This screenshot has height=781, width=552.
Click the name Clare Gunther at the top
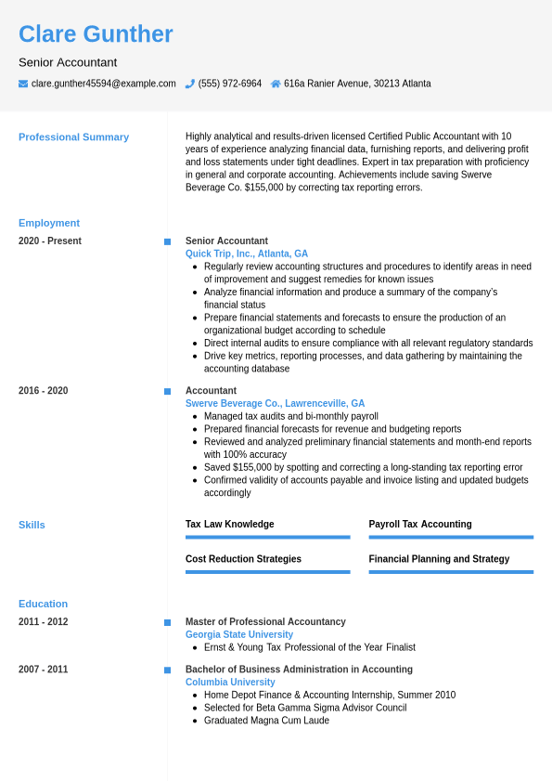tap(96, 34)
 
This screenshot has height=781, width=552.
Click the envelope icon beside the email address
tap(23, 84)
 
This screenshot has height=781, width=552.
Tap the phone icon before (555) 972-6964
tap(190, 84)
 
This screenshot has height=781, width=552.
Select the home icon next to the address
tap(276, 84)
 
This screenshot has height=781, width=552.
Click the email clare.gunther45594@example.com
tap(103, 84)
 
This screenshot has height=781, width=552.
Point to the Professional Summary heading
tap(73, 137)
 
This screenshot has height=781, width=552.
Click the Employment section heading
tap(49, 223)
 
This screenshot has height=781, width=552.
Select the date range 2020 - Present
tap(50, 241)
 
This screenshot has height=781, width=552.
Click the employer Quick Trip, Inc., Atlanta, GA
tap(247, 254)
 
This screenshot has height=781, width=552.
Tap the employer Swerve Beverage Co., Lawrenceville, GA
tap(275, 404)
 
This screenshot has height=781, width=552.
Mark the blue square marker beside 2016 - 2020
tap(167, 392)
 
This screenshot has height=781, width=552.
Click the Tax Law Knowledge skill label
tap(229, 525)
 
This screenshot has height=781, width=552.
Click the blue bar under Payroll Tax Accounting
tap(451, 537)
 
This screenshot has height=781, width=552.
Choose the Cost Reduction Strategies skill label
tap(243, 559)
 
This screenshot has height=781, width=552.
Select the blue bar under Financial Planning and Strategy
tap(451, 572)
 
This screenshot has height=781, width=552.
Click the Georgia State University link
tap(239, 635)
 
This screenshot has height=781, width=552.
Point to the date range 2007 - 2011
tap(43, 670)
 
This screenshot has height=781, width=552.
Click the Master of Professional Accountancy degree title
tap(265, 622)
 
